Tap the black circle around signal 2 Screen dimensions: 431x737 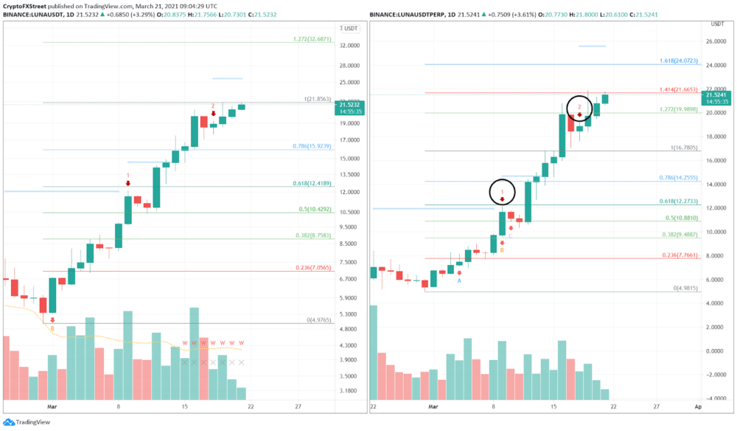(x=580, y=109)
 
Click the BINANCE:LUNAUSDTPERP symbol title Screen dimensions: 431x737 (x=409, y=15)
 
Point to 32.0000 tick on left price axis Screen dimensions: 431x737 (x=351, y=45)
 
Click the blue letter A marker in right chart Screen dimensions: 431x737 (x=459, y=280)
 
